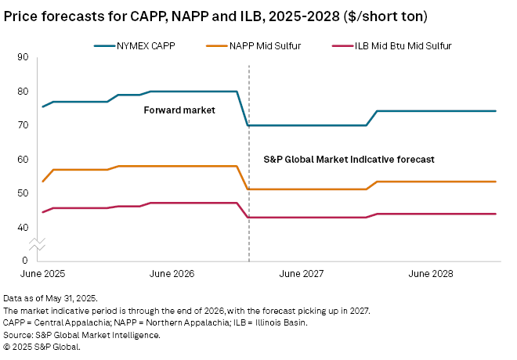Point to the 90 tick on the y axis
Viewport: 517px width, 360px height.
coord(23,57)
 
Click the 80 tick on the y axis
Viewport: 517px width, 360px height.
coord(23,91)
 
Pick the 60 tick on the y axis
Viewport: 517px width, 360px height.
coord(23,159)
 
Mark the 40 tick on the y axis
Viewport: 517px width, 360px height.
coord(23,227)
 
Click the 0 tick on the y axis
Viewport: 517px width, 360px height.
coord(25,260)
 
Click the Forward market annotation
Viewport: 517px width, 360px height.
coord(179,110)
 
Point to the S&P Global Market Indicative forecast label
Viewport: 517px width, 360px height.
coord(348,159)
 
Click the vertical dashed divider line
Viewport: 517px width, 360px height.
coord(248,196)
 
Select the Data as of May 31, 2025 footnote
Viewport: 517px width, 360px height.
coord(49,299)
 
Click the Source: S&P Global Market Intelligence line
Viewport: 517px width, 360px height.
coord(81,335)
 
